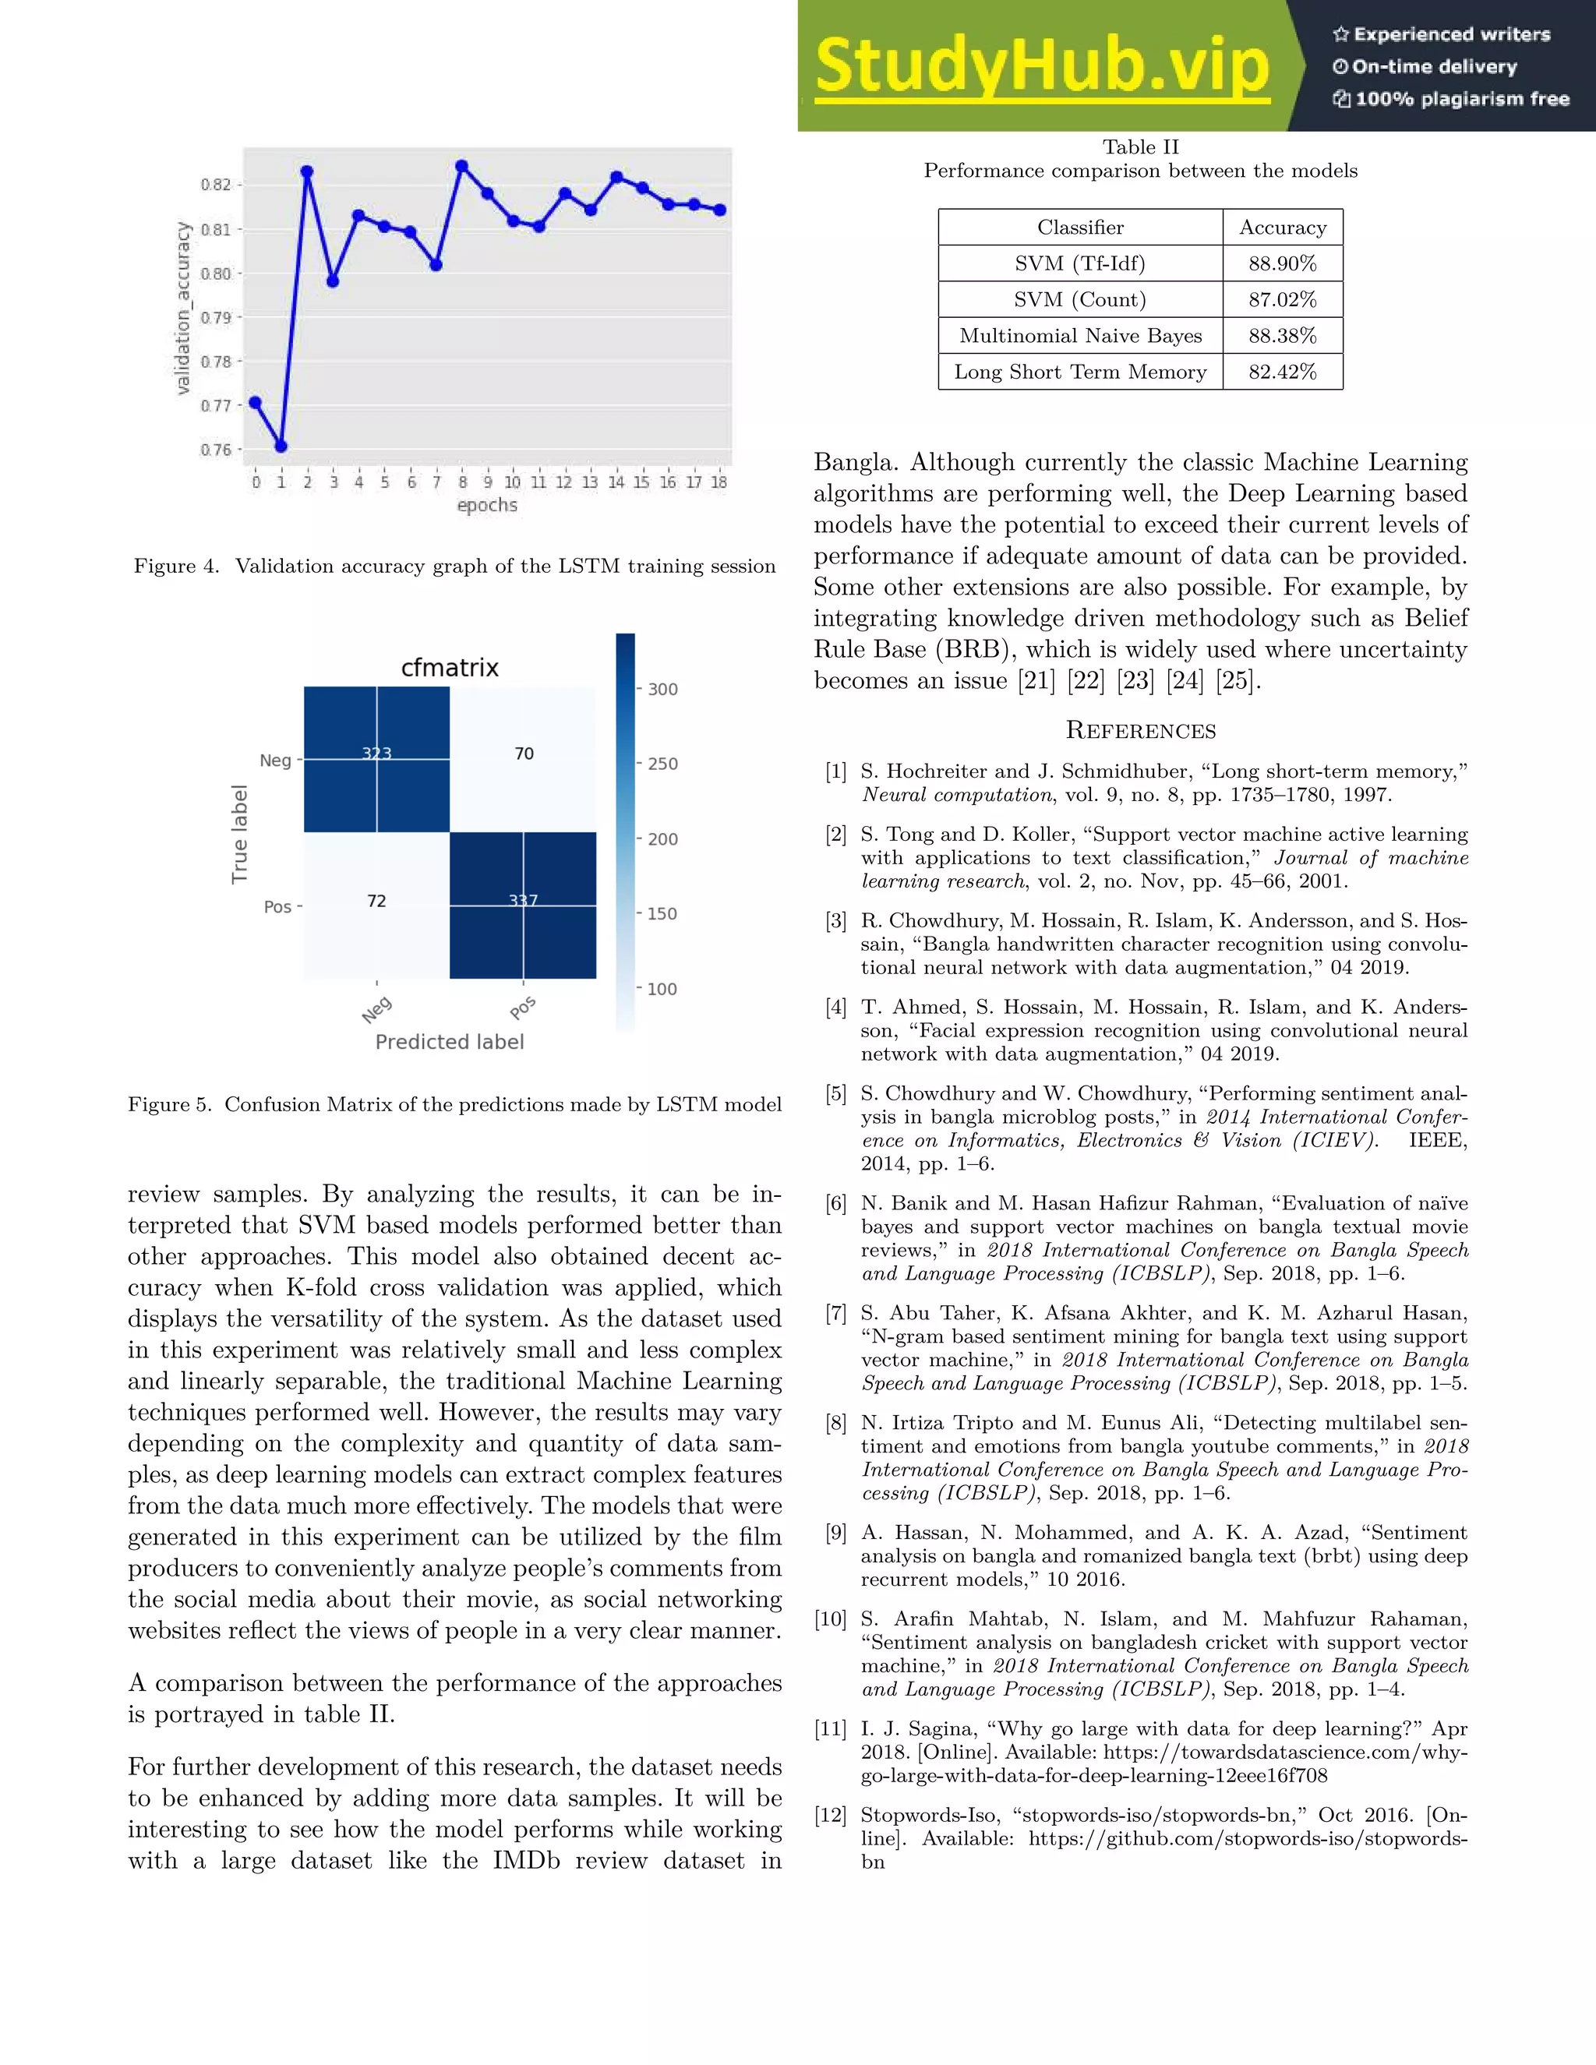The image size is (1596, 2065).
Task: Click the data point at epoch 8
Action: point(461,167)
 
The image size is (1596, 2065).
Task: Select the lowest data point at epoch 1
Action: point(281,445)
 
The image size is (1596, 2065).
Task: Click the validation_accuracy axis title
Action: point(183,309)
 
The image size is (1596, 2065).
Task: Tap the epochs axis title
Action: point(487,505)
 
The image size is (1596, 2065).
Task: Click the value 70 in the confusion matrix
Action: point(524,754)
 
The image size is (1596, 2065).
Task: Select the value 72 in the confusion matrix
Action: point(376,901)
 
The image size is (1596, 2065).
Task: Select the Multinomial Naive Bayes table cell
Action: point(1080,336)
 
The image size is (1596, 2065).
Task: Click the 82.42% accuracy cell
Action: point(1282,372)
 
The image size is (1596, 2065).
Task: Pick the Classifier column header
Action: point(1080,228)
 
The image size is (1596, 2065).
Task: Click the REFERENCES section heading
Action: point(1140,730)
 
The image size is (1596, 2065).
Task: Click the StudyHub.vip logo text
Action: point(1041,66)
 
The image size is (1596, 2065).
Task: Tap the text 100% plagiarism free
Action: point(1461,99)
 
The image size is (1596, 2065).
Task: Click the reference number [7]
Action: point(836,1312)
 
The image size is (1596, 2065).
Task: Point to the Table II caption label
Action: point(1140,147)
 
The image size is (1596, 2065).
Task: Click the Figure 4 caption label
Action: point(176,567)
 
